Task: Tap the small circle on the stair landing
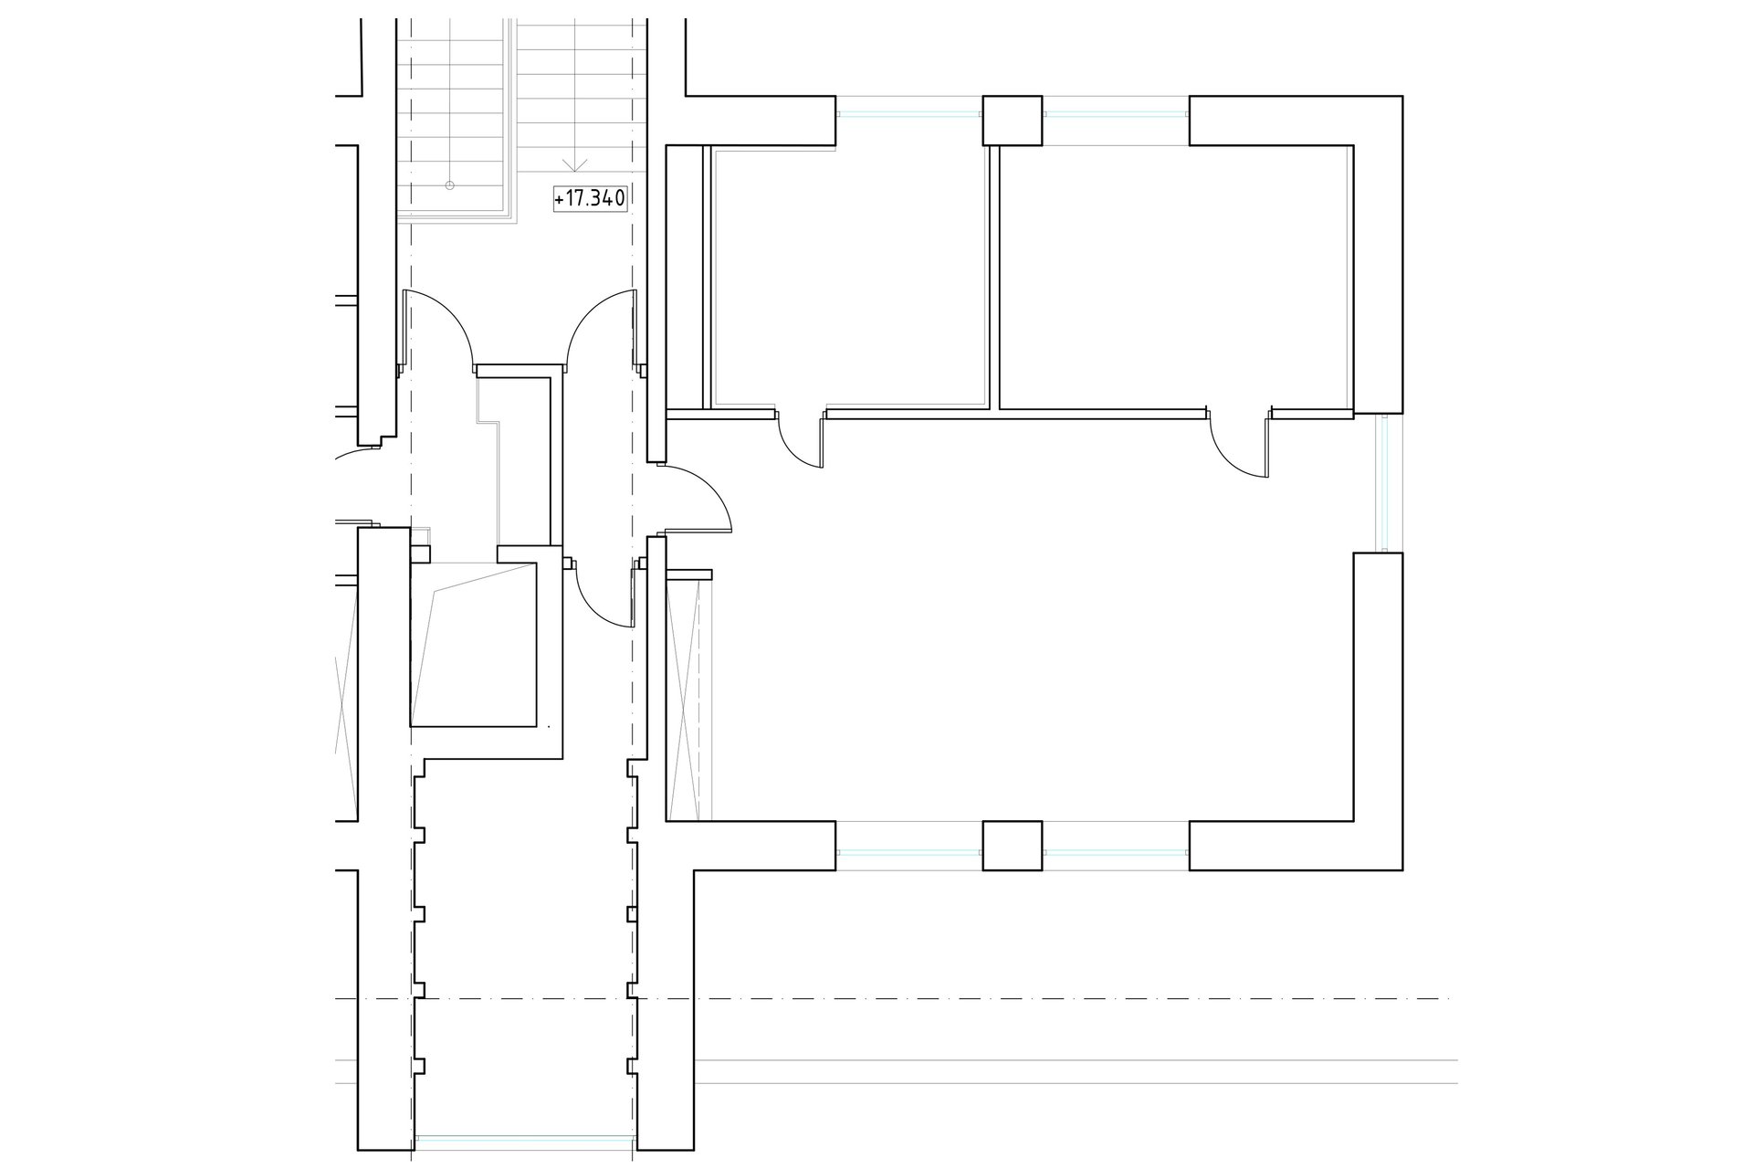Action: pos(448,185)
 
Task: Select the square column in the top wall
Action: pos(1012,121)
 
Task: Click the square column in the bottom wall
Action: pos(1012,846)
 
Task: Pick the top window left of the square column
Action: pos(909,114)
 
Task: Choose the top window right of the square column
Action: pos(1116,114)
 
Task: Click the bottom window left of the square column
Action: pos(909,853)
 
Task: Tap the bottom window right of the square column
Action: pos(1116,853)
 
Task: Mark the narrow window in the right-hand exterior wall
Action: pos(1384,483)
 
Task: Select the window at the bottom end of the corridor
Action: pos(525,1141)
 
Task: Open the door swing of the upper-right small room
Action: pos(1239,444)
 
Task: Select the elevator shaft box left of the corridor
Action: pos(473,645)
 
